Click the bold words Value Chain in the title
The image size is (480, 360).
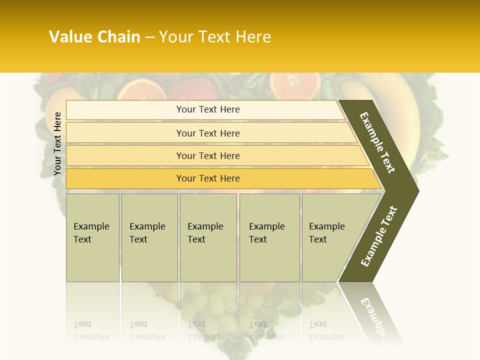(x=94, y=37)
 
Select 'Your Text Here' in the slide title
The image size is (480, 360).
(x=215, y=37)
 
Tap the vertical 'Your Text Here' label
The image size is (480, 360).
(x=57, y=143)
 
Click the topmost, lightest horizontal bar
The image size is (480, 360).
(x=205, y=109)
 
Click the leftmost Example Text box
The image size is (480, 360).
(x=92, y=237)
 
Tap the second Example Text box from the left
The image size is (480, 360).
(x=149, y=237)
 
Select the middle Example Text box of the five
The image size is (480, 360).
(x=208, y=237)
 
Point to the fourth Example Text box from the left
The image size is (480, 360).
(x=269, y=237)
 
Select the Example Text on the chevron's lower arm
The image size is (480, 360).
(x=378, y=236)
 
